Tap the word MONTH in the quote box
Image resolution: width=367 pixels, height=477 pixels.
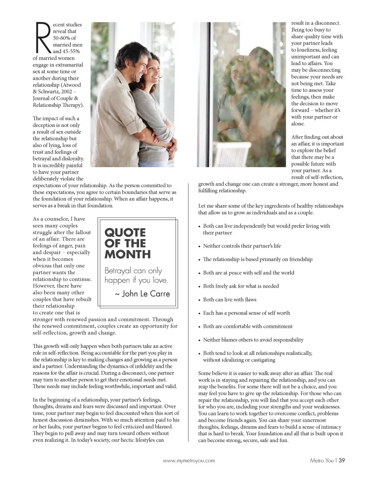128,255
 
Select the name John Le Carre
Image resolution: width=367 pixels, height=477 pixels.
146,294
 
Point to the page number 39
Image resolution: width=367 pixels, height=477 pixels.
342,461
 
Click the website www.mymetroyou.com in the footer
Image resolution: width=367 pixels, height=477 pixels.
189,461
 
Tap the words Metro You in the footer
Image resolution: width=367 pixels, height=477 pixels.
322,461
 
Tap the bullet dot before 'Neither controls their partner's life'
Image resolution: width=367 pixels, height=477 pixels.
200,247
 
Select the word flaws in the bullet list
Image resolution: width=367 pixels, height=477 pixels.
249,299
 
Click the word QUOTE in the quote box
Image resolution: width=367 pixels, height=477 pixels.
125,233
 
